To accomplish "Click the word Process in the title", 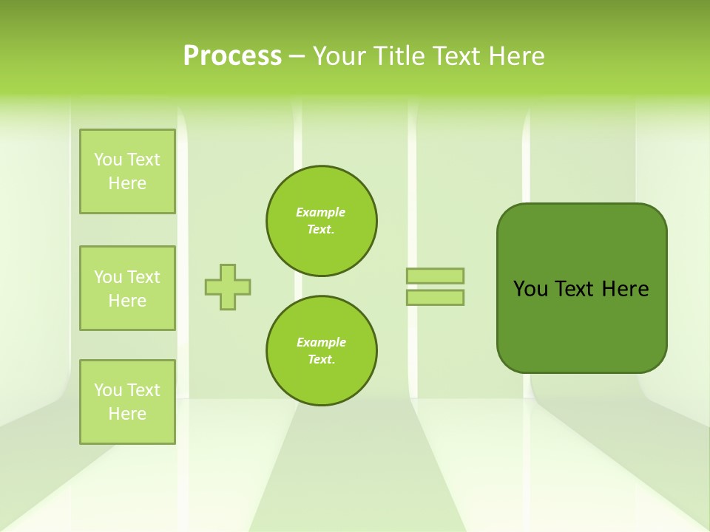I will pos(232,56).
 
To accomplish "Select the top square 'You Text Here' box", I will pos(127,171).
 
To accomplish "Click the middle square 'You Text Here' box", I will pos(127,288).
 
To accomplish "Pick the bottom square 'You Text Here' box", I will pos(127,402).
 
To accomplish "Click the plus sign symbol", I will pos(228,287).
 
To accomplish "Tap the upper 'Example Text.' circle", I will pos(322,221).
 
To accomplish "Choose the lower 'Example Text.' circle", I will pos(322,351).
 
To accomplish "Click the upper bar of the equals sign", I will pos(435,276).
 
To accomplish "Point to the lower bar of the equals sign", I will pos(435,297).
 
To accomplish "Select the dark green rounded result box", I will pos(581,325).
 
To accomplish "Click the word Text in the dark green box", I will pos(576,289).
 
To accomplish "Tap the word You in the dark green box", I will pos(531,289).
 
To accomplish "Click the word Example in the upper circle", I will pos(321,212).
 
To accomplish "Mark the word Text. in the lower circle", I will pos(321,360).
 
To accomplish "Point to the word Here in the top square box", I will pos(127,183).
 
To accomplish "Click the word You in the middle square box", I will pos(109,277).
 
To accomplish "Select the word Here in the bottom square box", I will pos(127,414).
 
